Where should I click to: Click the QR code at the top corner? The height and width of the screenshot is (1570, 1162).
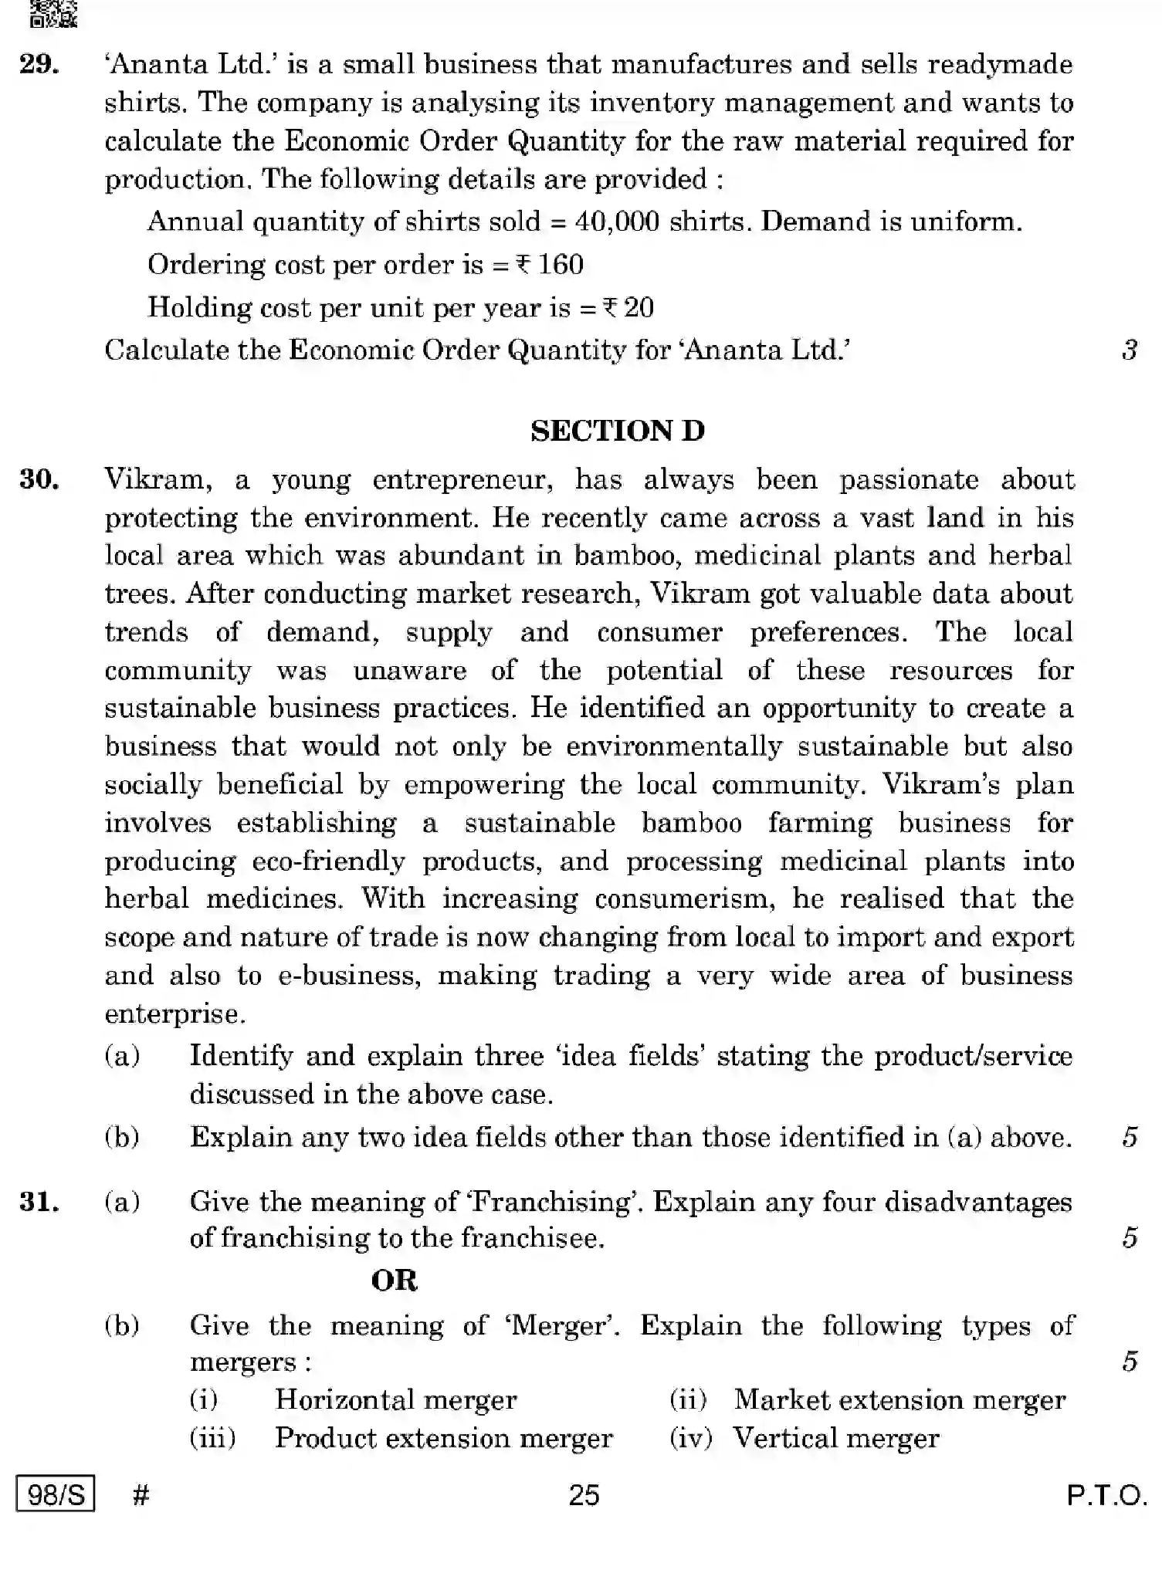click(53, 13)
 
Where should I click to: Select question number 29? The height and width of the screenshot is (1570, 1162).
click(40, 64)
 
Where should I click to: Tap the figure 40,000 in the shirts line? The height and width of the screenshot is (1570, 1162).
click(617, 222)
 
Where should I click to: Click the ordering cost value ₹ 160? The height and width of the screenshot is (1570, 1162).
click(550, 265)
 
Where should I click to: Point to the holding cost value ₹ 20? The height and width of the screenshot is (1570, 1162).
click(628, 308)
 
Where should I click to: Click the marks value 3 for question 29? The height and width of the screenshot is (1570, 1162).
click(1129, 350)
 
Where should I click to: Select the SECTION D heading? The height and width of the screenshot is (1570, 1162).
click(618, 431)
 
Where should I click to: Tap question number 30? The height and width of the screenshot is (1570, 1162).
click(40, 479)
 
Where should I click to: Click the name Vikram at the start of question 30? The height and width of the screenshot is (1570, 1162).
click(158, 479)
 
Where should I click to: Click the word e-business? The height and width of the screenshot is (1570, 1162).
click(350, 975)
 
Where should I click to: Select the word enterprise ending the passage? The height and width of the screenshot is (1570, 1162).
click(174, 1013)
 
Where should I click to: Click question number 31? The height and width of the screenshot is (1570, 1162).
click(40, 1202)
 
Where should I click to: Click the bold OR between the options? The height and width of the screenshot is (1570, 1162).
click(394, 1281)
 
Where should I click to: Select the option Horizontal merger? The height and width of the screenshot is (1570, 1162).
click(395, 1399)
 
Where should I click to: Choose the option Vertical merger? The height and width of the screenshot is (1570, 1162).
click(835, 1438)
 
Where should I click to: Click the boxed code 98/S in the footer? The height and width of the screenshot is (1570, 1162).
click(56, 1495)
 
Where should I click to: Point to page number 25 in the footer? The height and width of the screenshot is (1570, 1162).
click(584, 1495)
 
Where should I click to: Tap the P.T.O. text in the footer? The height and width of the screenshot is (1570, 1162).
click(1106, 1496)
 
